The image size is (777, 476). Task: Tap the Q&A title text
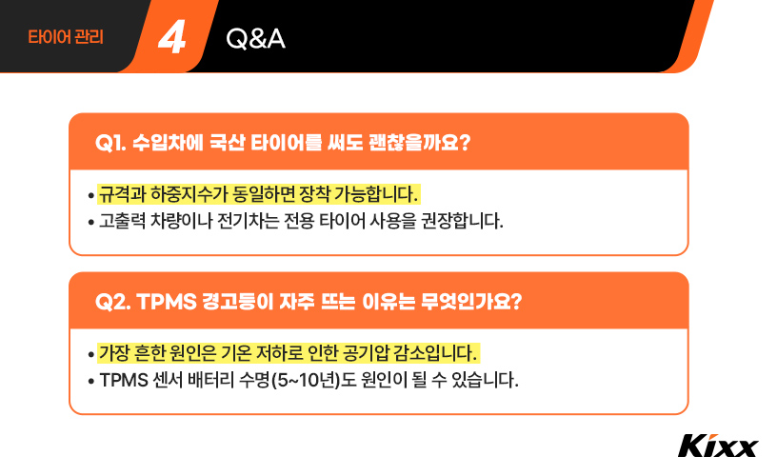(256, 39)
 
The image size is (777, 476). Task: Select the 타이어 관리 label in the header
(66, 39)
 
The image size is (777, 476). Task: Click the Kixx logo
(718, 446)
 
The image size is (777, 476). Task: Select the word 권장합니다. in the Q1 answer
(461, 223)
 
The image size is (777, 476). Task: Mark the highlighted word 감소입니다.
(445, 354)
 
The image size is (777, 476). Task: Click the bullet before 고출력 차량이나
(90, 223)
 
